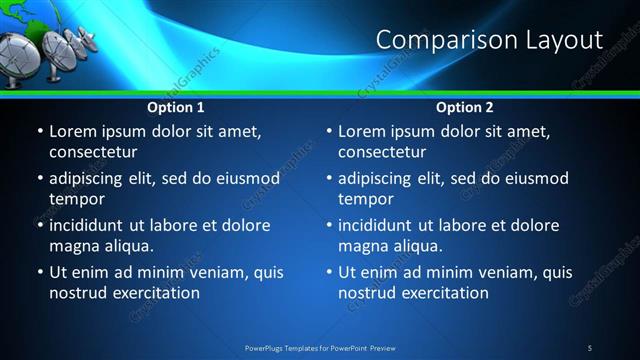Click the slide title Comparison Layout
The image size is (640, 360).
point(489,40)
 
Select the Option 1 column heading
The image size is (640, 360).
point(176,107)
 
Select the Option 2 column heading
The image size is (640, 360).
point(465,107)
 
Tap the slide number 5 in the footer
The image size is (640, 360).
point(589,347)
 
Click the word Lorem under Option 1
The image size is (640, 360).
point(73,131)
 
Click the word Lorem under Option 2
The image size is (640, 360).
point(362,131)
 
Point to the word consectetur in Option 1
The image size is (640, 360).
point(93,152)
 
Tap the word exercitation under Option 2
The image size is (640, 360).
point(442,293)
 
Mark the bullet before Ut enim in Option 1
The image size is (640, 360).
point(39,272)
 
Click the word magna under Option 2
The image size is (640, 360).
point(363,246)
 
